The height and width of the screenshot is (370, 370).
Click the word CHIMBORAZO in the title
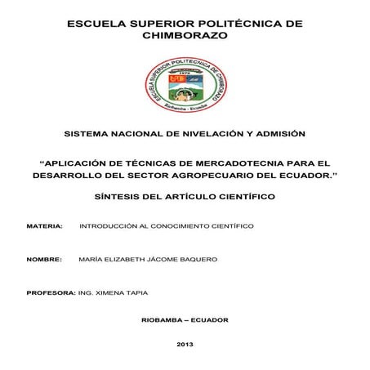185,37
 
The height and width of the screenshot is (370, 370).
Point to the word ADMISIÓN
277,132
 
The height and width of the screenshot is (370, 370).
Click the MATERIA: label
44,224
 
